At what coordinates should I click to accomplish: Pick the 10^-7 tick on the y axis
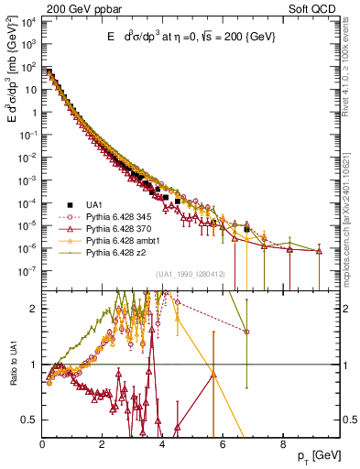(x=27, y=270)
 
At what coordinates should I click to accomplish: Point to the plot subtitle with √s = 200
(x=187, y=36)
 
